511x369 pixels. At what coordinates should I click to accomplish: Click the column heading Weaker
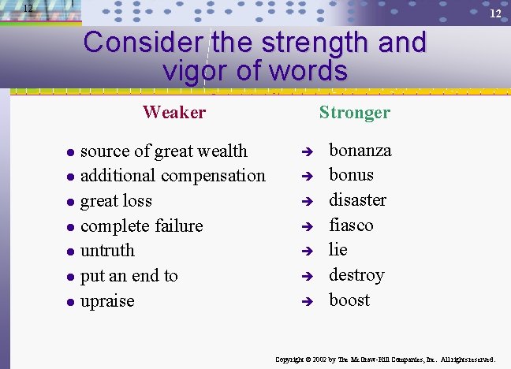[x=174, y=112]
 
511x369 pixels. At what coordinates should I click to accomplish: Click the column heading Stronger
[x=354, y=112]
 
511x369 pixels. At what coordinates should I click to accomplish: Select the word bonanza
[x=360, y=150]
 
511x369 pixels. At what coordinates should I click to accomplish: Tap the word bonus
[x=351, y=174]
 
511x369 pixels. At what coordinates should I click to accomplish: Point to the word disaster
[x=357, y=199]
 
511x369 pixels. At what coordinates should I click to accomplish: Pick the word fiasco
[x=351, y=225]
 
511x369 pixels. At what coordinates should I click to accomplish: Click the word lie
[x=338, y=249]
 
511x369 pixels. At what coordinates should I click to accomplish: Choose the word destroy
[x=356, y=275]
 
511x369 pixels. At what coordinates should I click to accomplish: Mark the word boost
[x=349, y=300]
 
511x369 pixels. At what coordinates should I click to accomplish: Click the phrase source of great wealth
[x=164, y=151]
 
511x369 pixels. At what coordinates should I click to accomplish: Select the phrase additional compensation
[x=173, y=175]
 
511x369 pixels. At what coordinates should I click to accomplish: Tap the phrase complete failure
[x=142, y=225]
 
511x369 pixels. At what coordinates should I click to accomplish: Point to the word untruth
[x=107, y=251]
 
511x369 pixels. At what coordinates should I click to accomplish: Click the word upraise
[x=107, y=301]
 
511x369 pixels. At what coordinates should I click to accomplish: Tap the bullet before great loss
[x=69, y=202]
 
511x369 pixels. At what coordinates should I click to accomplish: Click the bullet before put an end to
[x=69, y=277]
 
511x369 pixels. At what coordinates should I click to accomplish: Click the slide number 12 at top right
[x=495, y=14]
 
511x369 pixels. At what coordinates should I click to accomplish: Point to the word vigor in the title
[x=196, y=71]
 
